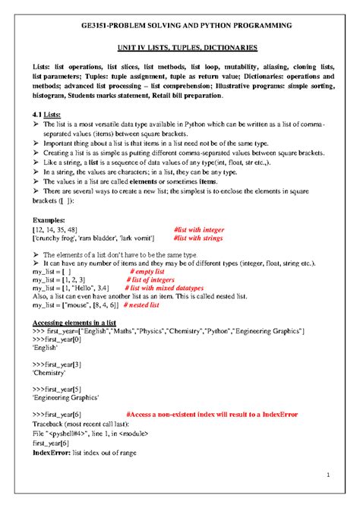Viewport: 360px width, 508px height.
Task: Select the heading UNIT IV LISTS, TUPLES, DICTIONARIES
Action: coord(180,47)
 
